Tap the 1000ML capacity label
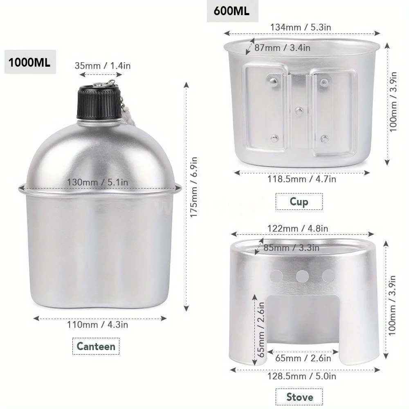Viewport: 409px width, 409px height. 30,63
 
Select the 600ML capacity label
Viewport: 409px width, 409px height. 231,11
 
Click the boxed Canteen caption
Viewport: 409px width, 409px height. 96,346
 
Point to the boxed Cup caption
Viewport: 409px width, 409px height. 299,201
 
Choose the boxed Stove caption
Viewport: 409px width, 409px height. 299,397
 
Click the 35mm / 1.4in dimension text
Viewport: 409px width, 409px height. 103,65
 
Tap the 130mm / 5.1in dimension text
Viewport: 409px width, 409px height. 99,182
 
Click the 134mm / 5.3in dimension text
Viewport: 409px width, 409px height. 301,27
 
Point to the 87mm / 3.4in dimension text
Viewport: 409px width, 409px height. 282,47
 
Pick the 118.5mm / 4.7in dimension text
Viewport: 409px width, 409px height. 302,179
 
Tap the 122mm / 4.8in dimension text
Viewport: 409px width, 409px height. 298,228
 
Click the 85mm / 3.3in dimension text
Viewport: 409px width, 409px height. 292,247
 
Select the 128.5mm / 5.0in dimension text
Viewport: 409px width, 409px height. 302,375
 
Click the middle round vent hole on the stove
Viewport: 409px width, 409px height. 302,276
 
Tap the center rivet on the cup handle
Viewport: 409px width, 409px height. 299,110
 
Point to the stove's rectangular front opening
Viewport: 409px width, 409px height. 302,323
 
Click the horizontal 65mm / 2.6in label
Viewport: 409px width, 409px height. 303,358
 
